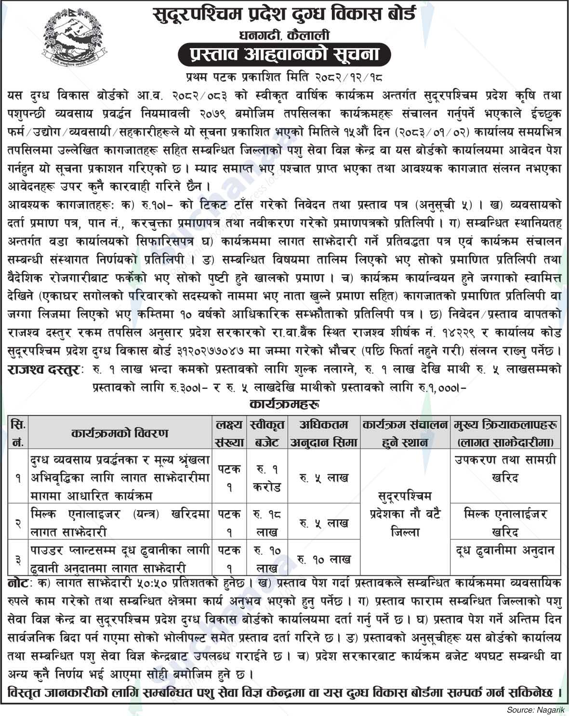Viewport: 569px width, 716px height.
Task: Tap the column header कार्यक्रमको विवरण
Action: [119, 433]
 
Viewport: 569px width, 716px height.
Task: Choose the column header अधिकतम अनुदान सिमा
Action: [324, 433]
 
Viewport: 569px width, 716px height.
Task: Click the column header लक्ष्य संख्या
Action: [229, 433]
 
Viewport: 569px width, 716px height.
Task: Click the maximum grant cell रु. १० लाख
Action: [324, 559]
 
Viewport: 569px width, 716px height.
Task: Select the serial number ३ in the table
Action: [18, 559]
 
